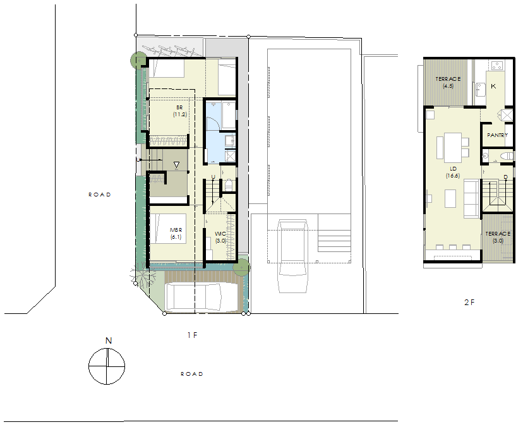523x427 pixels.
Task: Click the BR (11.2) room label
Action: [180, 111]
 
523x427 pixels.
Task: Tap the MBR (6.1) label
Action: [176, 234]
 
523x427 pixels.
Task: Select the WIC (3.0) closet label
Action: [220, 237]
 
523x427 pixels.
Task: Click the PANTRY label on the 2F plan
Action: [497, 135]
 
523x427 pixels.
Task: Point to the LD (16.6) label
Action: [453, 172]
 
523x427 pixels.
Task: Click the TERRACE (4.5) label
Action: [448, 82]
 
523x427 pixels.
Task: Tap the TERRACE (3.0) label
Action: [498, 237]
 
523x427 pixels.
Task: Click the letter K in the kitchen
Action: [493, 86]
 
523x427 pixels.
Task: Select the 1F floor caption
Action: [193, 335]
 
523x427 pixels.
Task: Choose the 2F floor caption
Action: [469, 303]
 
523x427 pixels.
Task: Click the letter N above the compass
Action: [109, 340]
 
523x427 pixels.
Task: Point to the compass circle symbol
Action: [107, 366]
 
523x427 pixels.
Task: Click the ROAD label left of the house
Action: [100, 195]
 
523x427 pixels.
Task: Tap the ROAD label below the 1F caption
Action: [192, 374]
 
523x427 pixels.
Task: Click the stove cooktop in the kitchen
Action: [496, 66]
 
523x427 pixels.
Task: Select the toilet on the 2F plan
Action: [507, 156]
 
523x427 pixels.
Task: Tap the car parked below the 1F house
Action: [193, 296]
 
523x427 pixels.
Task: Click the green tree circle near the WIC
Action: [241, 267]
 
